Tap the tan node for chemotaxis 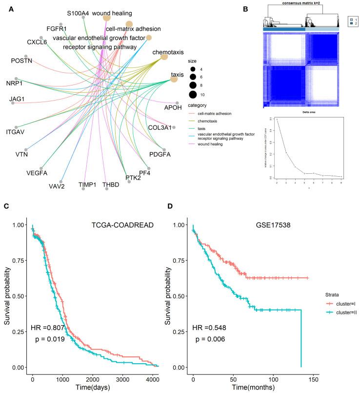coord(164,57)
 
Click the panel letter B coord(259,8)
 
